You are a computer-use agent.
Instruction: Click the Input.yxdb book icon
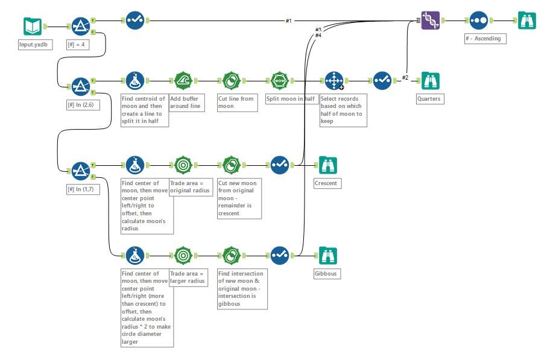point(33,27)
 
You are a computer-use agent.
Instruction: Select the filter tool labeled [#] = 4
point(81,27)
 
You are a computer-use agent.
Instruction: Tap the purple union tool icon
point(430,21)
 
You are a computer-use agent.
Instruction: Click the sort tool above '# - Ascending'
point(478,21)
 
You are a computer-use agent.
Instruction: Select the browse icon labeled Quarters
point(430,81)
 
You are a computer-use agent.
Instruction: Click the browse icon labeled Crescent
point(328,165)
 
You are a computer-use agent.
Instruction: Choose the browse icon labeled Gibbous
point(328,256)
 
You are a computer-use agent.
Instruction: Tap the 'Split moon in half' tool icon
point(279,81)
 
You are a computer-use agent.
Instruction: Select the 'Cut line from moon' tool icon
point(231,81)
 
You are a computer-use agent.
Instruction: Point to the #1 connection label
point(289,21)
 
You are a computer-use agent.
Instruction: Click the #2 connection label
point(405,77)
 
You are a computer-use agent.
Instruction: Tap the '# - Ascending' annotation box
point(485,39)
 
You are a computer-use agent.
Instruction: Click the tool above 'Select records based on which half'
point(333,81)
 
